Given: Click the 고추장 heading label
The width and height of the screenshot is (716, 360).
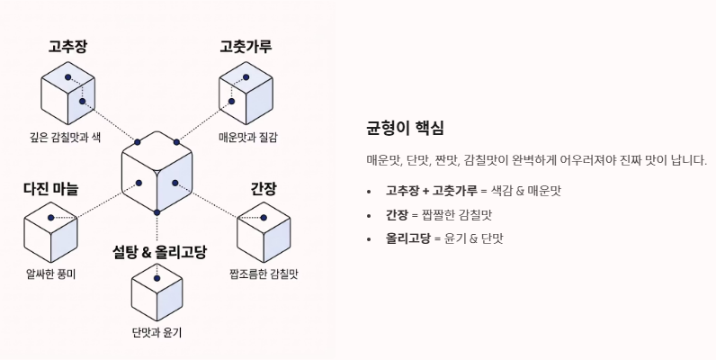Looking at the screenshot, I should (x=67, y=46).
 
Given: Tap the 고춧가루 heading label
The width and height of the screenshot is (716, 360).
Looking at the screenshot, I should (x=246, y=46).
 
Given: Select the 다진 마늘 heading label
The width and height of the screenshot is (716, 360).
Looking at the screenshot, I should (x=50, y=189).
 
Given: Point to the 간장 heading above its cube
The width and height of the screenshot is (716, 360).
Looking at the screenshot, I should (x=263, y=189).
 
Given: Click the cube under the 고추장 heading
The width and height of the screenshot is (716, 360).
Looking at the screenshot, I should (x=67, y=94).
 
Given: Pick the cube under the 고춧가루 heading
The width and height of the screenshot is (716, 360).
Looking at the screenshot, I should (x=246, y=94).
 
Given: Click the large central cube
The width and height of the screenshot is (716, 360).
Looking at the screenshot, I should (x=157, y=171).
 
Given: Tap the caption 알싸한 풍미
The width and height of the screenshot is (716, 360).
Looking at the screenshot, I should (x=50, y=274).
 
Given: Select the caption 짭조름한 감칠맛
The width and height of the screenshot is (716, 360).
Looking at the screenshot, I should (x=263, y=274).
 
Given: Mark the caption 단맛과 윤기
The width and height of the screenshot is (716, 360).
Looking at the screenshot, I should (x=157, y=333).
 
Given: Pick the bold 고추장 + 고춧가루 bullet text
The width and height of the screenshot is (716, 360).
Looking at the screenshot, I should (x=431, y=191).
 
